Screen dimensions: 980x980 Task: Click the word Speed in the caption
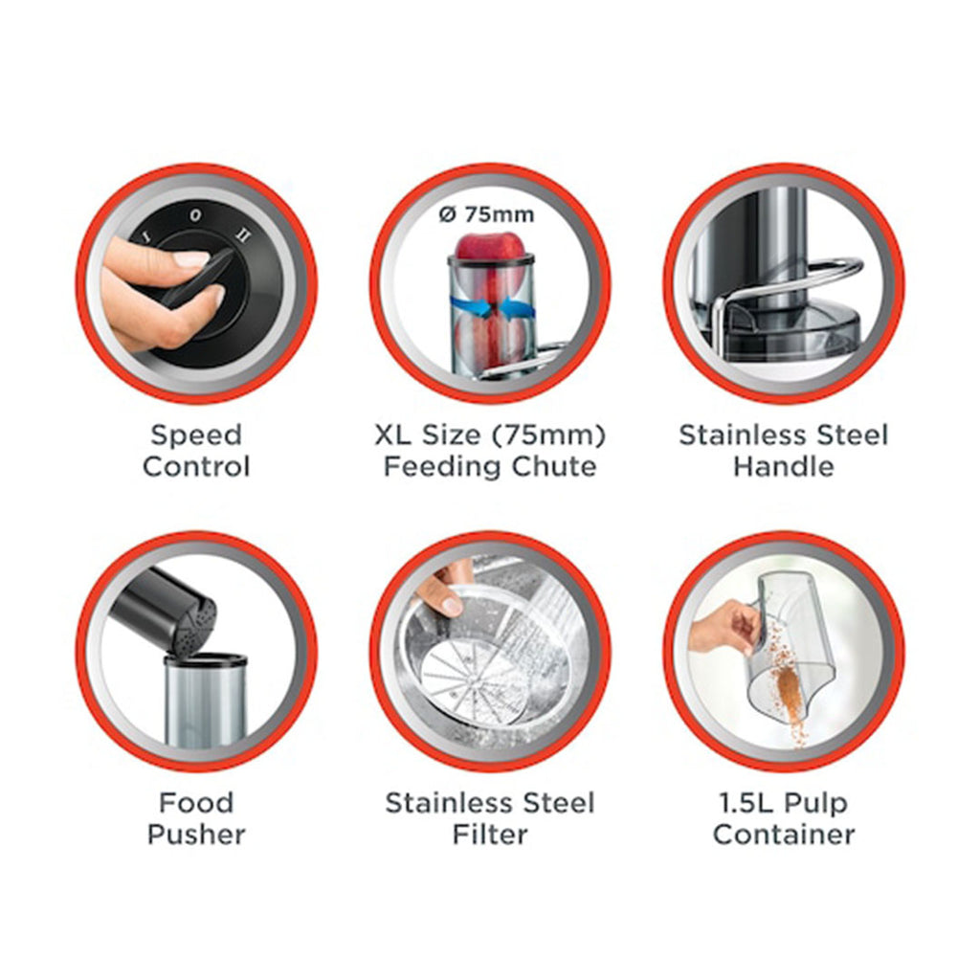point(196,435)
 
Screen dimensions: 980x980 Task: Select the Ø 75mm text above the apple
point(486,214)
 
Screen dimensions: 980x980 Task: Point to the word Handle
point(784,466)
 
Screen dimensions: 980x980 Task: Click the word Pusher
point(196,835)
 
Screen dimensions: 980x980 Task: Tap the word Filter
point(490,835)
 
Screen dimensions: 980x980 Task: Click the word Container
point(784,835)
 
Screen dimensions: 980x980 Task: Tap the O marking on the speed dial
point(195,215)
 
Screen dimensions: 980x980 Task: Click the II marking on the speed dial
point(242,235)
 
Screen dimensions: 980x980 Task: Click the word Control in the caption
point(196,466)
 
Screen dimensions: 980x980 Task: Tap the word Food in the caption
point(196,803)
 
